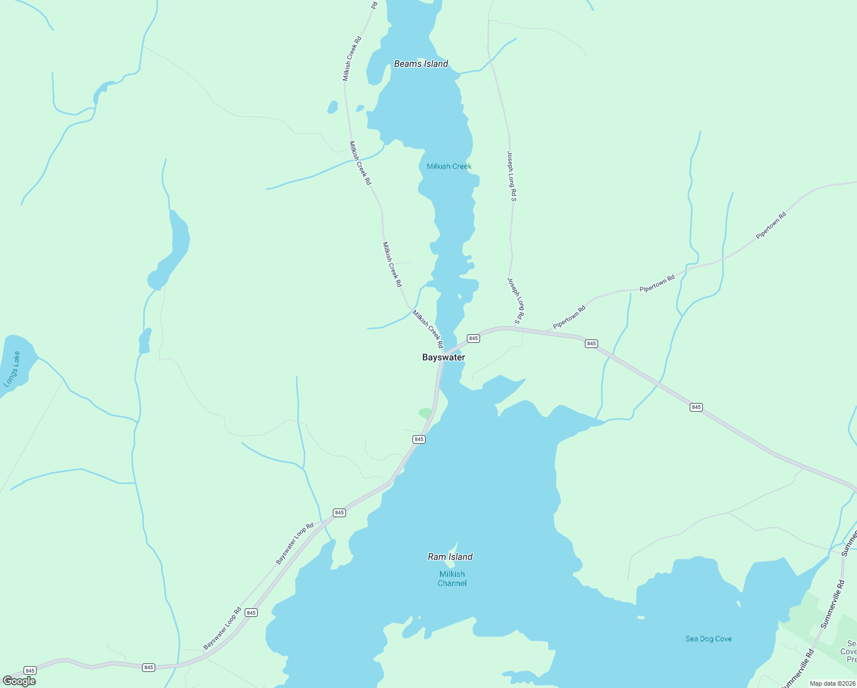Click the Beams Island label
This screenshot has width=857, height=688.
[x=420, y=64]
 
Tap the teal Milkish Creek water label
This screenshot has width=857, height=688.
[x=449, y=166]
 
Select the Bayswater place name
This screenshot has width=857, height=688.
[x=443, y=357]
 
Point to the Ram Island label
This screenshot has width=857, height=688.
[x=450, y=557]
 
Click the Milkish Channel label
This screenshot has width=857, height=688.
[x=452, y=578]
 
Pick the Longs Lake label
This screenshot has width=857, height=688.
[x=12, y=369]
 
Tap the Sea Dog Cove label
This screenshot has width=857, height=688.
[x=709, y=639]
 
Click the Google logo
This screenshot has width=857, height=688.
[x=19, y=681]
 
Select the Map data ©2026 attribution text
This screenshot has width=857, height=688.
[x=832, y=683]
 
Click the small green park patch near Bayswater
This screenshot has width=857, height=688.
[x=425, y=412]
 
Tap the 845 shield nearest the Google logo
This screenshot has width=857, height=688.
[x=30, y=671]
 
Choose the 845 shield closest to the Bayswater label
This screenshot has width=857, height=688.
[x=473, y=338]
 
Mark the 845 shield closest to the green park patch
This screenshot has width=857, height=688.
[x=419, y=439]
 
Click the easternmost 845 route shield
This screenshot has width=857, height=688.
[x=696, y=407]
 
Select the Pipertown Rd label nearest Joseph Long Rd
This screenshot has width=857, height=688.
[x=569, y=318]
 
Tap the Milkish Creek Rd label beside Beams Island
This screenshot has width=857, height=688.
[x=352, y=58]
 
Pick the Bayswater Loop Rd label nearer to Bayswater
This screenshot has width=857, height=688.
[x=294, y=544]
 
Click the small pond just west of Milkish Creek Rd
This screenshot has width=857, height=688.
[x=332, y=107]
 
